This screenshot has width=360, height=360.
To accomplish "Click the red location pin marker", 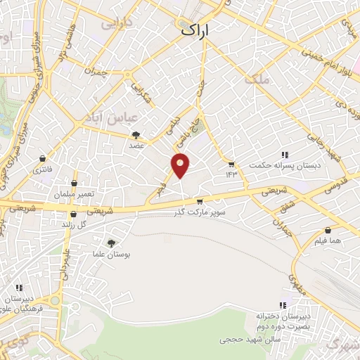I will (181, 165).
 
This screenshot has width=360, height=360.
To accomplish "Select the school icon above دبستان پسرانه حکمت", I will (285, 155).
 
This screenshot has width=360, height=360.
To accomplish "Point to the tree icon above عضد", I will (136, 134).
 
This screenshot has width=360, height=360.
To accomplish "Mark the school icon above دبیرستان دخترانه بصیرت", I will (283, 305).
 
